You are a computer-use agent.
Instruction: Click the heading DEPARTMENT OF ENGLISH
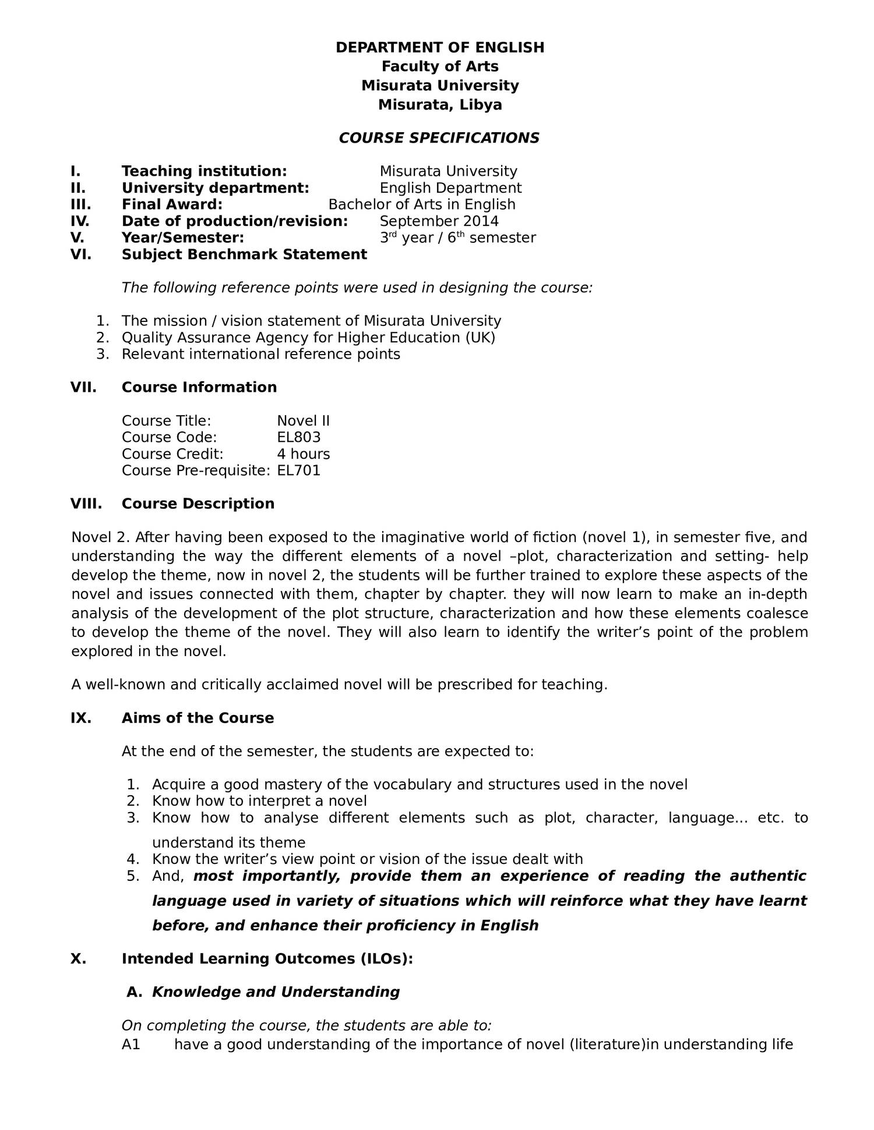[x=440, y=48]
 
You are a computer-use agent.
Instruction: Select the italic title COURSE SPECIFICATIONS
[x=439, y=138]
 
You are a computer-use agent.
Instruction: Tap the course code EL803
[x=299, y=437]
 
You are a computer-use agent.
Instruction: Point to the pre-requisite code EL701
[x=299, y=470]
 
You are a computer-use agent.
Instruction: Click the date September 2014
[x=439, y=221]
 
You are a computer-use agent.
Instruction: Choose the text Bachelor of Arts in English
[x=422, y=204]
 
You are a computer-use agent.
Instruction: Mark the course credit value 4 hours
[x=304, y=454]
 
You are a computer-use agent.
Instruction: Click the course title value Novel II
[x=304, y=421]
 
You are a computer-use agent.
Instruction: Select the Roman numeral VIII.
[x=86, y=504]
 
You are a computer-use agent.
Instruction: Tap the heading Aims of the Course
[x=198, y=718]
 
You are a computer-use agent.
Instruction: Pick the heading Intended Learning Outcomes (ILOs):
[x=267, y=958]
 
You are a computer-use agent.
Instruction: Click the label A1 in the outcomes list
[x=131, y=1044]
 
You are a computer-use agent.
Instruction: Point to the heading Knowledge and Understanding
[x=276, y=991]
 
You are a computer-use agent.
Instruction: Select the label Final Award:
[x=172, y=204]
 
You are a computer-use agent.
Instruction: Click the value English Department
[x=450, y=188]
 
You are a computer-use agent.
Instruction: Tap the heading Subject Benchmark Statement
[x=244, y=254]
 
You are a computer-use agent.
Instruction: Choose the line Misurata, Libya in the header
[x=440, y=105]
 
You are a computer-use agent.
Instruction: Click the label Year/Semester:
[x=183, y=238]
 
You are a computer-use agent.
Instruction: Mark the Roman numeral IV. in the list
[x=80, y=221]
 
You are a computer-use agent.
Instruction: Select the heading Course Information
[x=199, y=387]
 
